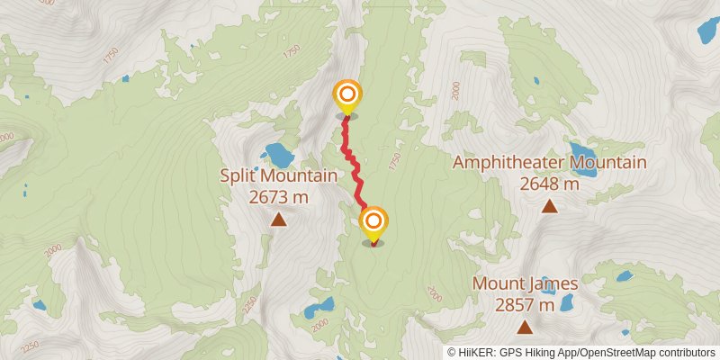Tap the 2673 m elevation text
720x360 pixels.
coord(278,196)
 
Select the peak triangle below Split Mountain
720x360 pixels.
coord(278,219)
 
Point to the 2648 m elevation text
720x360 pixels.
coord(549,184)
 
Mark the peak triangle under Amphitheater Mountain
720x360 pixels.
coord(549,206)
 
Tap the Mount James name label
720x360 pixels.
coord(525,283)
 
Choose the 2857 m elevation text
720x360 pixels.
coord(525,304)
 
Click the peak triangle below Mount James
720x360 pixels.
coord(525,326)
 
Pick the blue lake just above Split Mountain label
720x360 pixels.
coord(278,156)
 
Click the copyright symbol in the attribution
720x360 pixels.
coord(452,352)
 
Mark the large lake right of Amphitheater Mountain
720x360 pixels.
coord(581,150)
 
